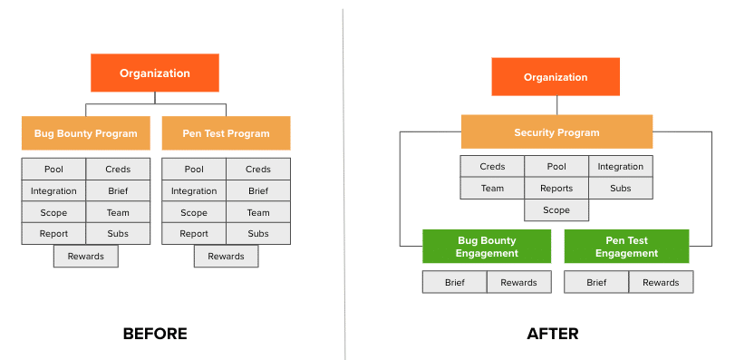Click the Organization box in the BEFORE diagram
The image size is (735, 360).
(155, 73)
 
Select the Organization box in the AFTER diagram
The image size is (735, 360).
(556, 77)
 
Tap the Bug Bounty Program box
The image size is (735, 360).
(86, 133)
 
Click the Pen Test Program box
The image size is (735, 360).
(226, 133)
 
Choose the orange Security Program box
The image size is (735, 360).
(556, 131)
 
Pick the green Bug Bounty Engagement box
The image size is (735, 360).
(487, 246)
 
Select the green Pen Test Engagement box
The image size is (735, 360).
(627, 246)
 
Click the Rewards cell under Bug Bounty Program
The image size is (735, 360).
(86, 257)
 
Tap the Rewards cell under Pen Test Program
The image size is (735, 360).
(226, 257)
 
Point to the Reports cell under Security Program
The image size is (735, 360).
(556, 189)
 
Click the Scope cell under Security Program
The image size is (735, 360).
(556, 210)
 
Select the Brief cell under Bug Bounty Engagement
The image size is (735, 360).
(455, 282)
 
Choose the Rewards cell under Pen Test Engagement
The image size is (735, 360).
(661, 282)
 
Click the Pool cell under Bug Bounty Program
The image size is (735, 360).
(53, 169)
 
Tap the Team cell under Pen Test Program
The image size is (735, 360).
(258, 212)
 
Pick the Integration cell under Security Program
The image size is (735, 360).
(621, 167)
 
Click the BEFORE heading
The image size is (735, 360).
(155, 334)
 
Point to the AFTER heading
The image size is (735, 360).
(553, 334)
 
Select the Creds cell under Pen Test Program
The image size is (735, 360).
(258, 169)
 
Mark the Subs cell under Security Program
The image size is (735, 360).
(621, 189)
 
